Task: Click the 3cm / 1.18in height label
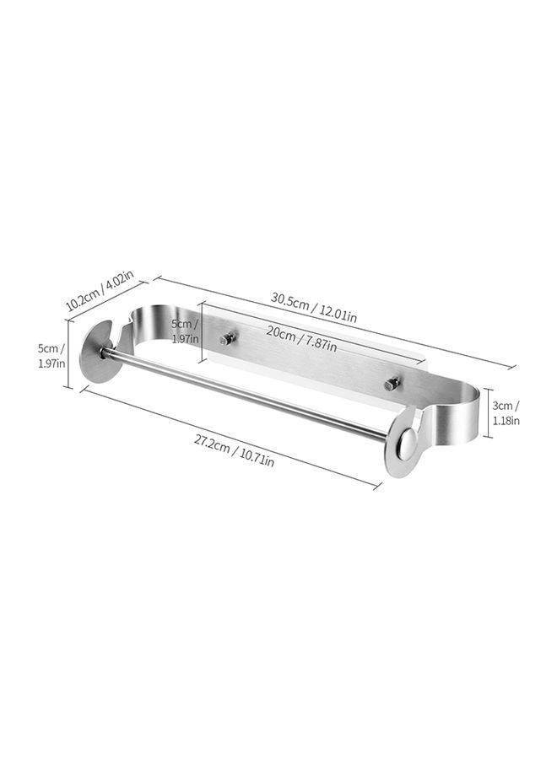pyautogui.click(x=506, y=413)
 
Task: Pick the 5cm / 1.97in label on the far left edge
pyautogui.click(x=50, y=355)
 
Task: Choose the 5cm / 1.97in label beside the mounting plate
pyautogui.click(x=185, y=331)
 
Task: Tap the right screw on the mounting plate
pyautogui.click(x=391, y=385)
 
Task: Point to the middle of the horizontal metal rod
pyautogui.click(x=245, y=395)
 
